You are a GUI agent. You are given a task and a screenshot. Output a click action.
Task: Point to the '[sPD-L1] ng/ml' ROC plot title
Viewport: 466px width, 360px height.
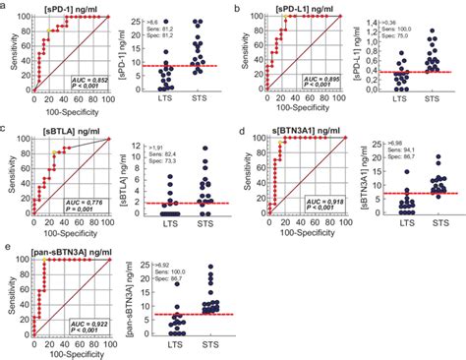pyautogui.click(x=312, y=8)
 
